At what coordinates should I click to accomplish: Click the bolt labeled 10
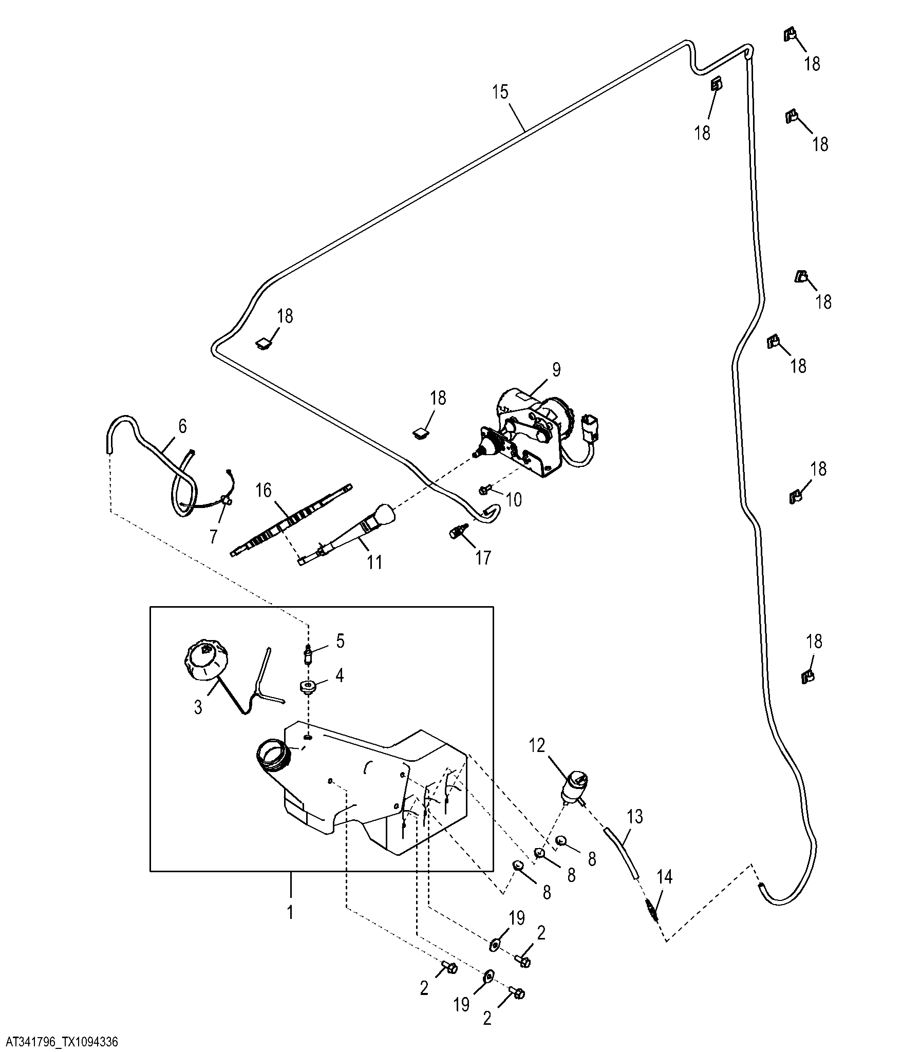(485, 490)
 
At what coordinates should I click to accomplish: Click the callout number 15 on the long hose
(500, 92)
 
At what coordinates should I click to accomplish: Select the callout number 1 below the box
(290, 912)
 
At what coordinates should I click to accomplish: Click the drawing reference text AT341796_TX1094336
(62, 1042)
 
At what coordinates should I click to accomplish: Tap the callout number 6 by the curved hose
(182, 426)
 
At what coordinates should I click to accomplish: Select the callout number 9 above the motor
(557, 369)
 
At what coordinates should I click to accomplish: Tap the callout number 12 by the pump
(537, 745)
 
